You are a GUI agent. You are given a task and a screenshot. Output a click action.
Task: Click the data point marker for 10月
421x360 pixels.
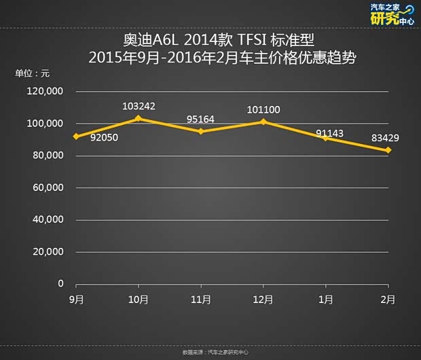pos(139,119)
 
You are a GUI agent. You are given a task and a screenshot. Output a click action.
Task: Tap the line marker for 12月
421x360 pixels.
pos(263,122)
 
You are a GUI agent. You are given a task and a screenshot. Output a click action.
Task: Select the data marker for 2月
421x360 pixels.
pos(388,150)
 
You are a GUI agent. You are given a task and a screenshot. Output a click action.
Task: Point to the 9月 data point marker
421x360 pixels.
pos(77,137)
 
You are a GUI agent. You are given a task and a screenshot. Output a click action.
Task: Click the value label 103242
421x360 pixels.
pos(139,107)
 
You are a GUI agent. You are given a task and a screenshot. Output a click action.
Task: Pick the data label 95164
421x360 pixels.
pos(201,119)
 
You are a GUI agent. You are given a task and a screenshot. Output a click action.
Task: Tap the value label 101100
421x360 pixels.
pos(263,109)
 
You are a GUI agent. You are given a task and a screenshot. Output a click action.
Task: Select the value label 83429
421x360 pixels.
pos(386,139)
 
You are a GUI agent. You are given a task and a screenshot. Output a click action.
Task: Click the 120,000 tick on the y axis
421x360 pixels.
pos(45,91)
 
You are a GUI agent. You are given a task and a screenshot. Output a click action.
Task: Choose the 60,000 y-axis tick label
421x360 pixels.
pos(48,187)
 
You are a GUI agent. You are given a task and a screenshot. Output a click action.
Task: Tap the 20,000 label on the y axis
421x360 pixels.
pos(48,251)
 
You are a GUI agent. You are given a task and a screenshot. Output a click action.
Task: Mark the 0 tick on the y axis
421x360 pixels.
pos(60,283)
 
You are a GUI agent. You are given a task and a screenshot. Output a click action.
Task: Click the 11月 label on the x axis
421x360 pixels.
pos(201,299)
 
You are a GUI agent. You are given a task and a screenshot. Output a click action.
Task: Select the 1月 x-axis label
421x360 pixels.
pos(326,299)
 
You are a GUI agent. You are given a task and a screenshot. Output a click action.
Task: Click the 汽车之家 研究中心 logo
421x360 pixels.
pos(392,14)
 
